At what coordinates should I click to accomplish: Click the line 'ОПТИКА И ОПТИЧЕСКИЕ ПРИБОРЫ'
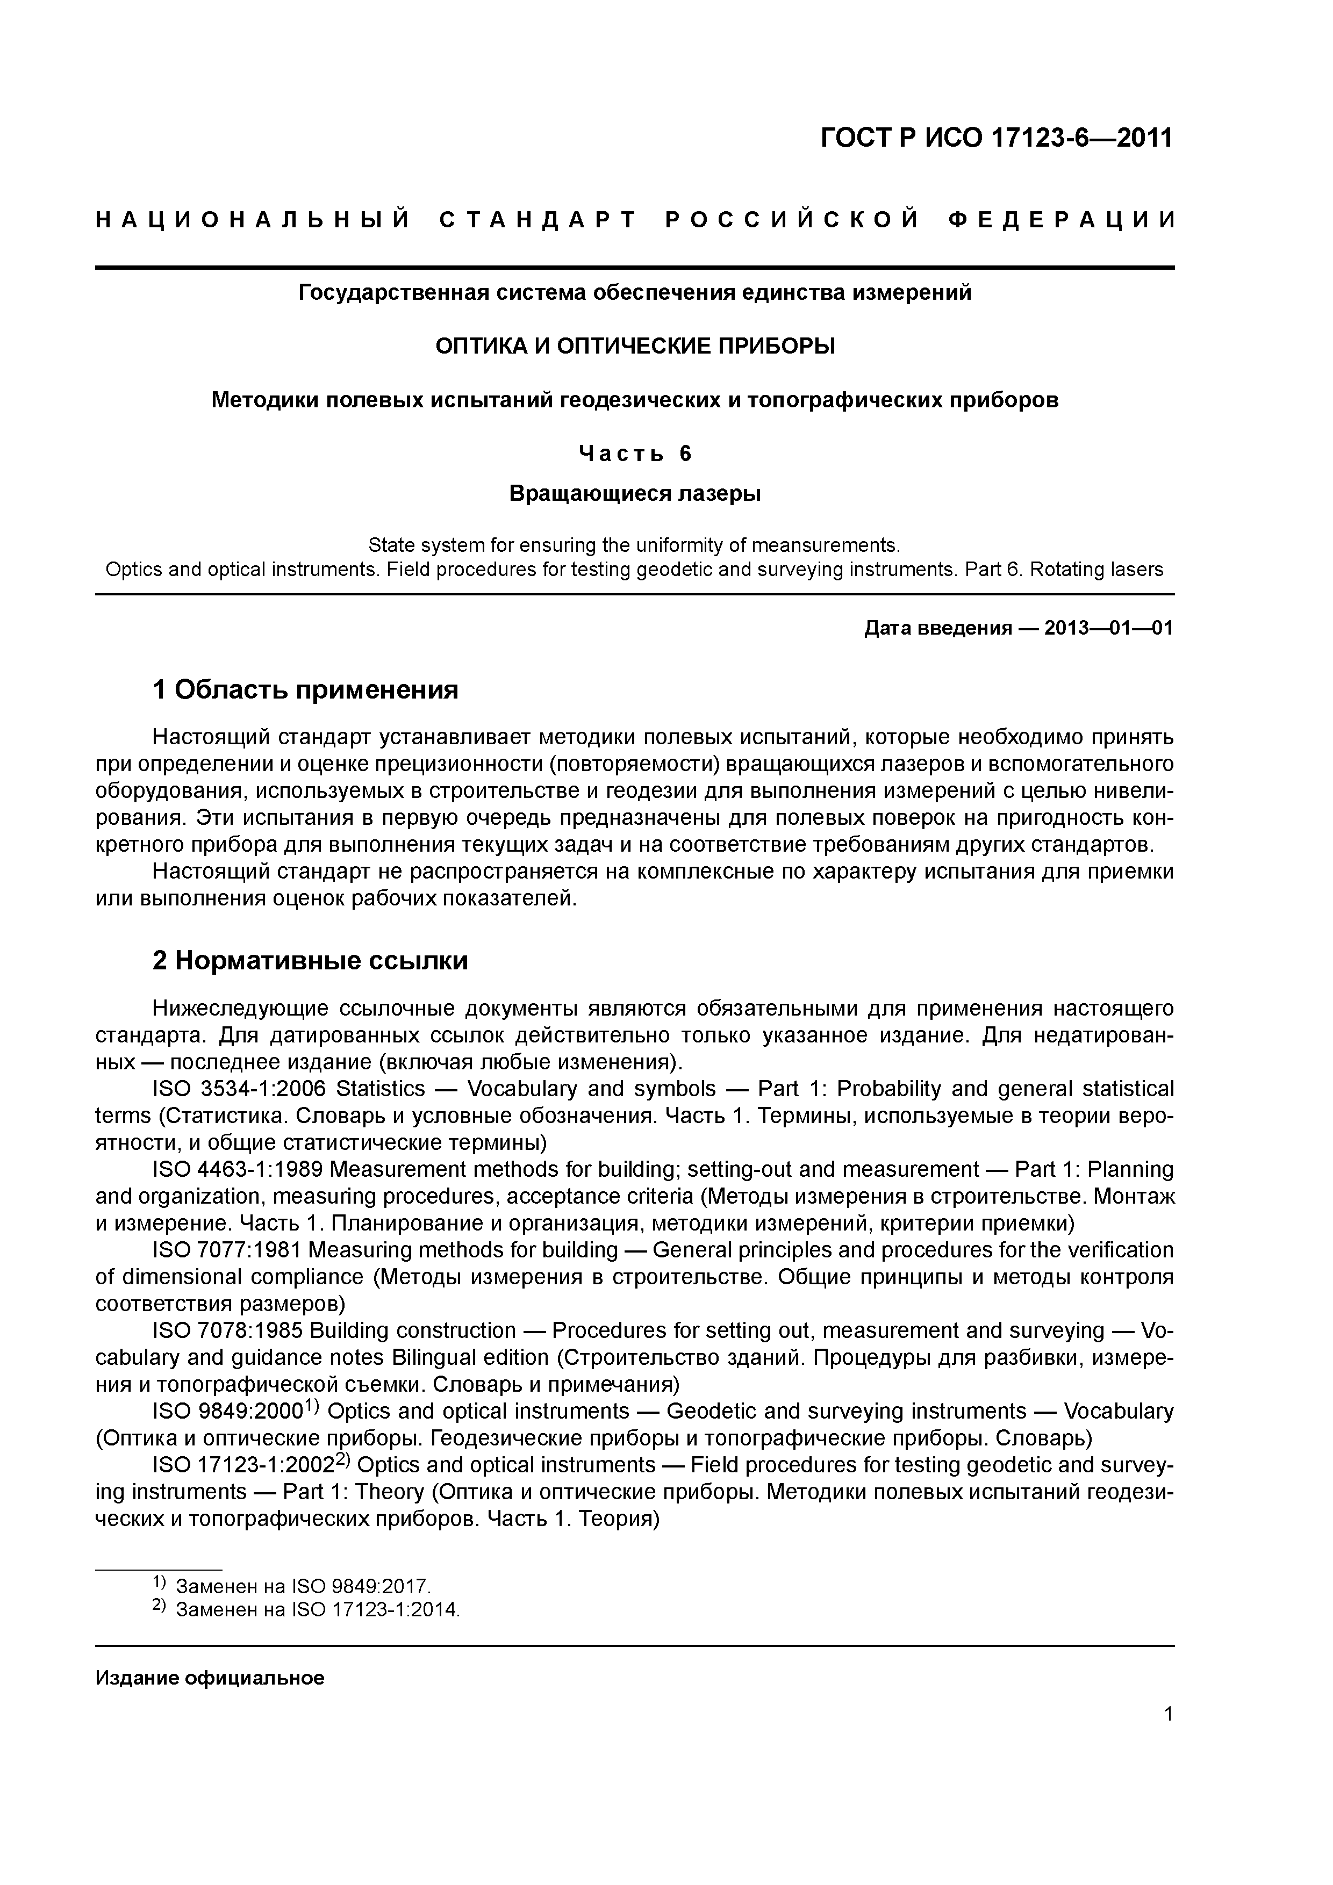point(635,347)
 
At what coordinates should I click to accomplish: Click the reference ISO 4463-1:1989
point(239,1170)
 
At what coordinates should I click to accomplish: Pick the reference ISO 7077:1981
point(227,1250)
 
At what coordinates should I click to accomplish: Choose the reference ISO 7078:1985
point(227,1331)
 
